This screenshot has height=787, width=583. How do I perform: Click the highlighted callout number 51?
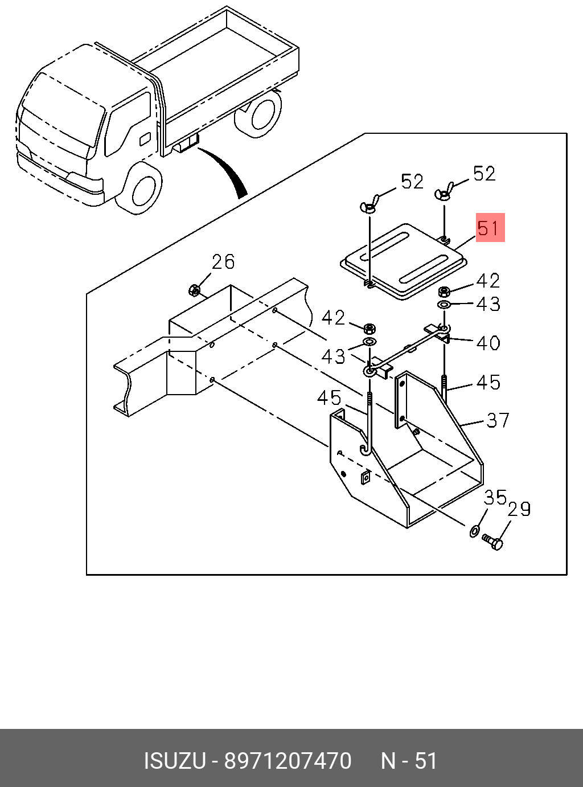[490, 227]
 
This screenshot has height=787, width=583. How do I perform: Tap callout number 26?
[223, 262]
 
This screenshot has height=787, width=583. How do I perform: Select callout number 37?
[498, 420]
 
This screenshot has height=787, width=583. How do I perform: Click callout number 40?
[488, 343]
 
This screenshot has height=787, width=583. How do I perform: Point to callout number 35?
[495, 498]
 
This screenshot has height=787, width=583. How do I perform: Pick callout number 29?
[519, 510]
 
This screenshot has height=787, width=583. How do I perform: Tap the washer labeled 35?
[474, 531]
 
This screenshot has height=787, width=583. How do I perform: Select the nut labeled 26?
[195, 291]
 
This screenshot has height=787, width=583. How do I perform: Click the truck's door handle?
[145, 139]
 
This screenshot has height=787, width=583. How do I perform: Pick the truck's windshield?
[64, 110]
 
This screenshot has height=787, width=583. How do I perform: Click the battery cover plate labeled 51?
[404, 261]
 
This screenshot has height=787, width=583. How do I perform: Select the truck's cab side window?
[128, 124]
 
